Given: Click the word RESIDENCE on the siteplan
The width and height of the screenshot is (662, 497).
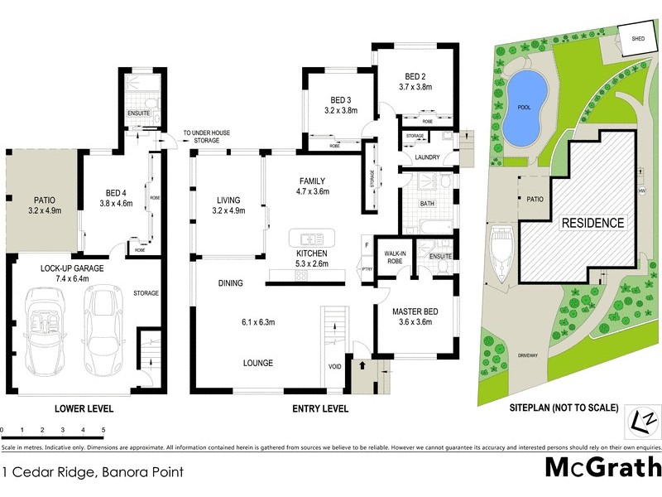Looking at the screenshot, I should click(x=592, y=223).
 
